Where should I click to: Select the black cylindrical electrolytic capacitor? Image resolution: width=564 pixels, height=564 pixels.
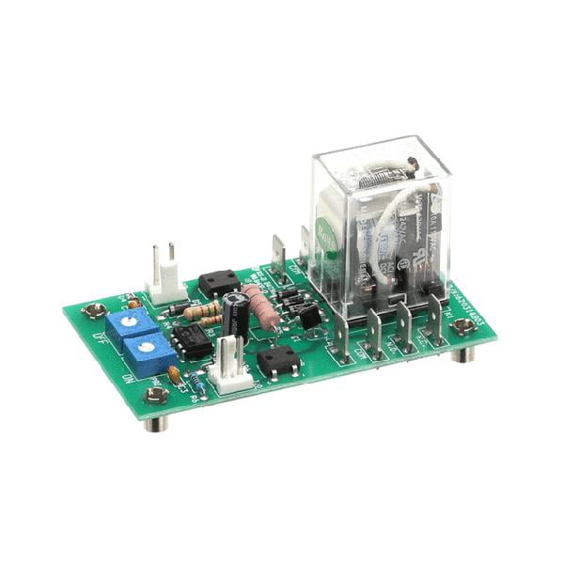[x=236, y=314]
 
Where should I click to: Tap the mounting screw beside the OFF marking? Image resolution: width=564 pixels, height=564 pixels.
[x=93, y=309]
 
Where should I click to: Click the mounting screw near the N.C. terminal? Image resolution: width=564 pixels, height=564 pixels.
[x=462, y=326]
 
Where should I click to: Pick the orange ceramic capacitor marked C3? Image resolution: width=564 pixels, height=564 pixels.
[x=175, y=374]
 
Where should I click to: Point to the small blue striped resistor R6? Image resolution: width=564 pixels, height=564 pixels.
[x=197, y=382]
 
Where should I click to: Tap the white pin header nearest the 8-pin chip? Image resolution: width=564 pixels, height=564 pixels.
[x=227, y=364]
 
